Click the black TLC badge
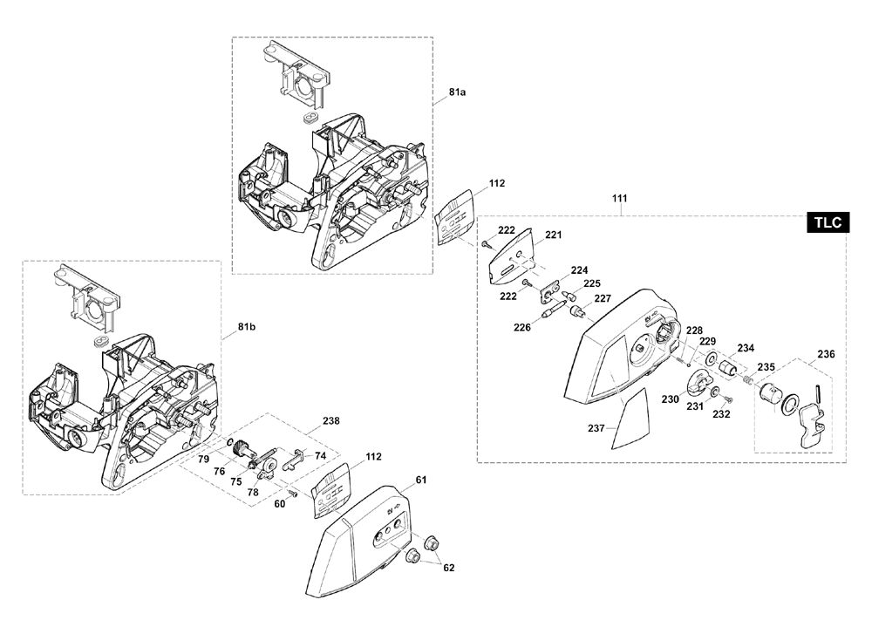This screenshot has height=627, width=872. click(828, 222)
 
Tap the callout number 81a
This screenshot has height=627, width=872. click(457, 92)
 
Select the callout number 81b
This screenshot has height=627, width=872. click(247, 326)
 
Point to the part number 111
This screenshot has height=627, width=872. click(619, 198)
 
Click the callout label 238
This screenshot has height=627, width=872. click(330, 420)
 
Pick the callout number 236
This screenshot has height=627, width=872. click(826, 354)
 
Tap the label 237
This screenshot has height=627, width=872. click(596, 428)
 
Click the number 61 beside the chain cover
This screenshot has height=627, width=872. click(421, 480)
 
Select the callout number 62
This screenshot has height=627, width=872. click(449, 568)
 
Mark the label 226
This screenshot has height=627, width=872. click(522, 327)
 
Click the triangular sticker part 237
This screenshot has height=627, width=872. click(631, 419)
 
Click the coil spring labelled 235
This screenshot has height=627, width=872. click(748, 379)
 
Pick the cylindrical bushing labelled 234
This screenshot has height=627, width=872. click(728, 366)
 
